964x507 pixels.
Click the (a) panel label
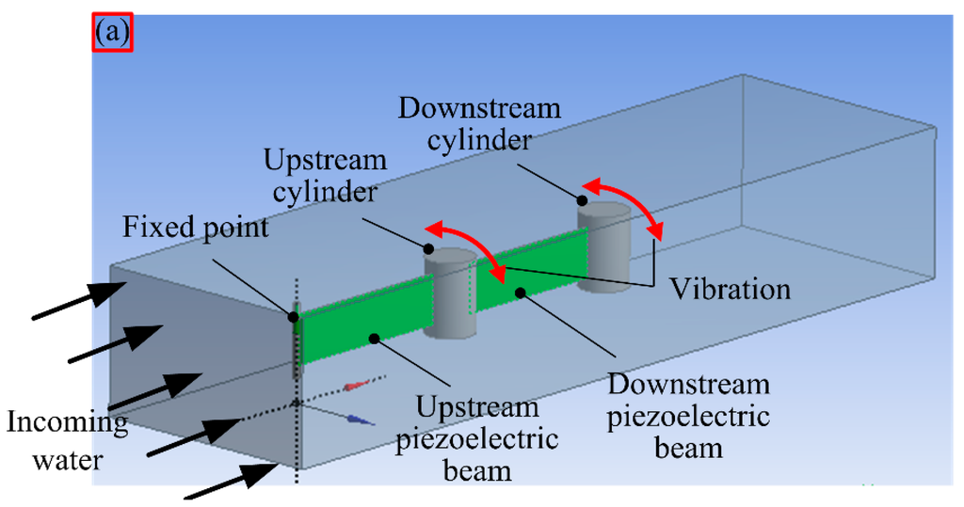coord(113,33)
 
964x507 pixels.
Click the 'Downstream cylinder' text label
coord(479,123)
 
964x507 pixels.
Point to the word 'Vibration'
coord(730,289)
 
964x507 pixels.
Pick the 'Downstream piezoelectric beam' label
coord(689,414)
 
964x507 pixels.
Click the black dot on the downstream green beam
coord(520,294)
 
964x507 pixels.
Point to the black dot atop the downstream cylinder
coord(584,200)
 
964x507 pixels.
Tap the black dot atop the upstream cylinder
coord(429,249)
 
